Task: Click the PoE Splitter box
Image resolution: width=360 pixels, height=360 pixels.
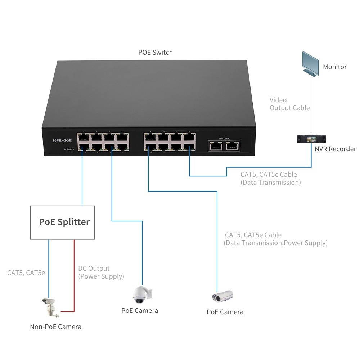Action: coord(62,222)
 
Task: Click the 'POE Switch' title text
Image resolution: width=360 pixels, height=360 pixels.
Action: coord(156,53)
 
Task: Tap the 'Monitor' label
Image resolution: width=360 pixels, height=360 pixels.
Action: coord(334,67)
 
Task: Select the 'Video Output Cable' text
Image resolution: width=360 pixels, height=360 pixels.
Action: coord(289,104)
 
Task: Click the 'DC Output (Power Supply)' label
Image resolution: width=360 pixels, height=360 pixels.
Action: coord(101,273)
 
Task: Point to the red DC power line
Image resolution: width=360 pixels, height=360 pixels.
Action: coord(74,274)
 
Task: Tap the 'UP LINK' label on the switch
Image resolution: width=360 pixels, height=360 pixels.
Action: coord(224,138)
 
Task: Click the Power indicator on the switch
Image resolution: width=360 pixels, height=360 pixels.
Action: coord(65,149)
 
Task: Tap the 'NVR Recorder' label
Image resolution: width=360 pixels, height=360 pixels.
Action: coord(335,149)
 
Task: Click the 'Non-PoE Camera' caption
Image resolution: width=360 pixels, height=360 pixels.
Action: coord(55,327)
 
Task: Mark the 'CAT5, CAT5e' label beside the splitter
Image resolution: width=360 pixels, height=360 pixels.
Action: coord(26,273)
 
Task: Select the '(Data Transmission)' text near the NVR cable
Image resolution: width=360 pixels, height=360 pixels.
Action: coord(270,183)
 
